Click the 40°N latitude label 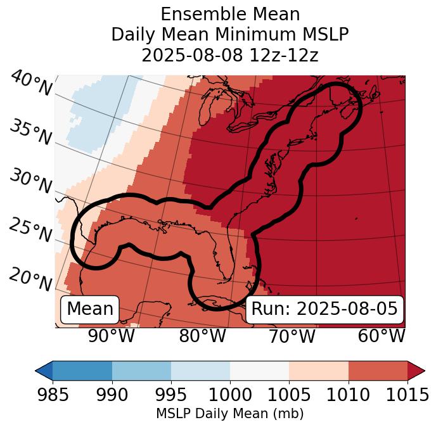point(31,84)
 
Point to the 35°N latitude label point(30,132)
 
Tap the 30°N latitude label point(30,181)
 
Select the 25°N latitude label point(30,230)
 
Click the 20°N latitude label point(30,279)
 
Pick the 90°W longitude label point(111,336)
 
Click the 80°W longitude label point(202,336)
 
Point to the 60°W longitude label point(381,336)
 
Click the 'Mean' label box point(90,309)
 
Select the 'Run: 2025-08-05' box point(324,309)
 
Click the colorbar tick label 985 point(53,395)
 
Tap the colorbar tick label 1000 point(230,395)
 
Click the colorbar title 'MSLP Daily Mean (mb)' point(229,414)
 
